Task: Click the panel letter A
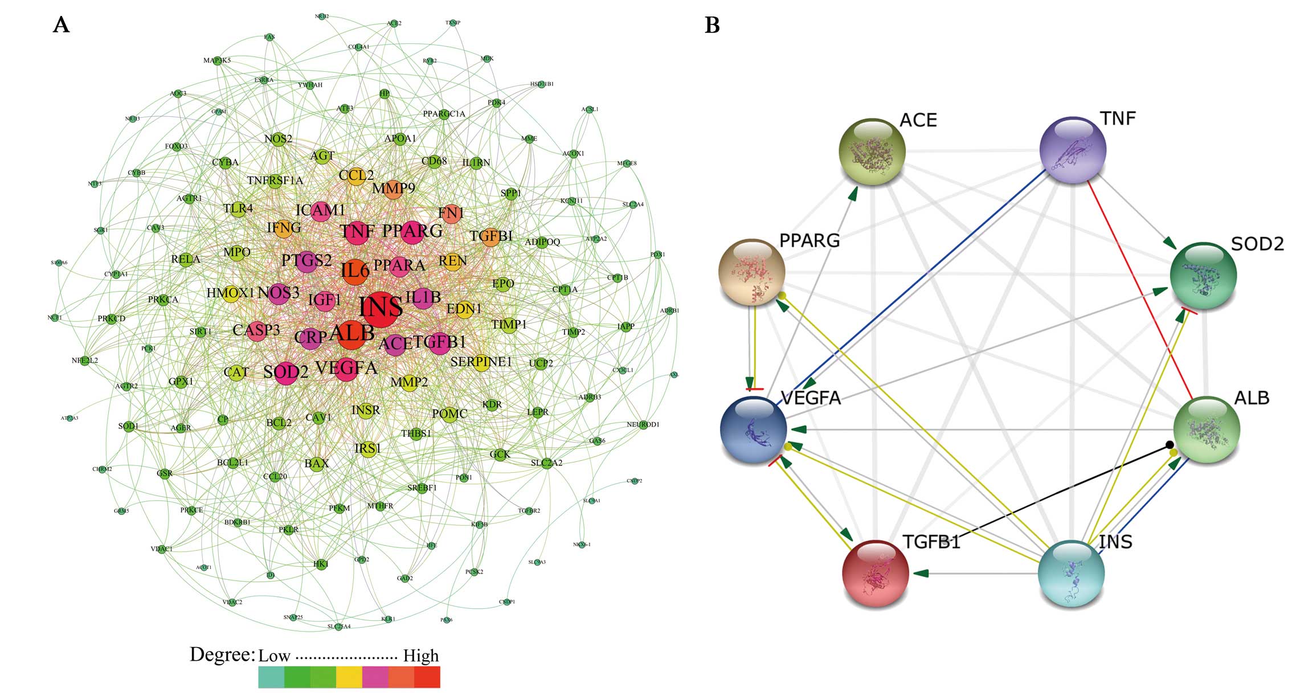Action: click(x=61, y=25)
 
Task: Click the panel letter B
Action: click(x=712, y=25)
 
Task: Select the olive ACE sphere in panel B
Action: click(x=872, y=152)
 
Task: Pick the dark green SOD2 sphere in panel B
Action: click(x=1203, y=276)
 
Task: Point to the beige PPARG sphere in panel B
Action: click(x=752, y=272)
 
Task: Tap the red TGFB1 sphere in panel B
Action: click(x=876, y=573)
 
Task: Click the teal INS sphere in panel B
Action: click(x=1071, y=573)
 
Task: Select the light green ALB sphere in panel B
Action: click(x=1207, y=429)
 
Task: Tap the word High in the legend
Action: click(x=421, y=656)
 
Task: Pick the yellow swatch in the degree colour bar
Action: click(x=349, y=678)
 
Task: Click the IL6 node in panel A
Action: click(x=355, y=271)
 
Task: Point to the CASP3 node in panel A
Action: click(x=256, y=330)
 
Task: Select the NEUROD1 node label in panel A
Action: click(x=643, y=424)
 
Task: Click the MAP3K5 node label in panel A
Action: click(x=217, y=60)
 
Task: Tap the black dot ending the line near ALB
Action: click(x=1169, y=444)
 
